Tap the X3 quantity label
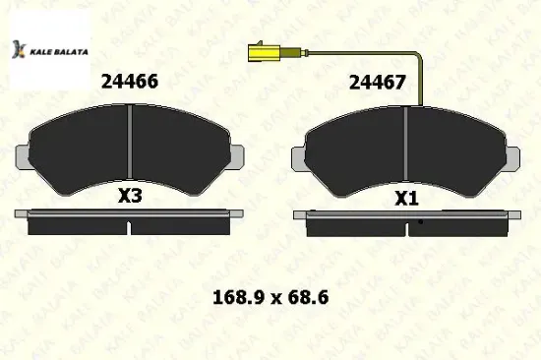tap(130, 196)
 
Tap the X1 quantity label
tap(406, 198)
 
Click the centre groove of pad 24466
tap(131, 143)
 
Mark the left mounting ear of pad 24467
tap(300, 154)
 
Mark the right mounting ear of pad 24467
tap(513, 154)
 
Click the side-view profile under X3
tap(131, 223)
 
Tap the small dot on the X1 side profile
tap(420, 221)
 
